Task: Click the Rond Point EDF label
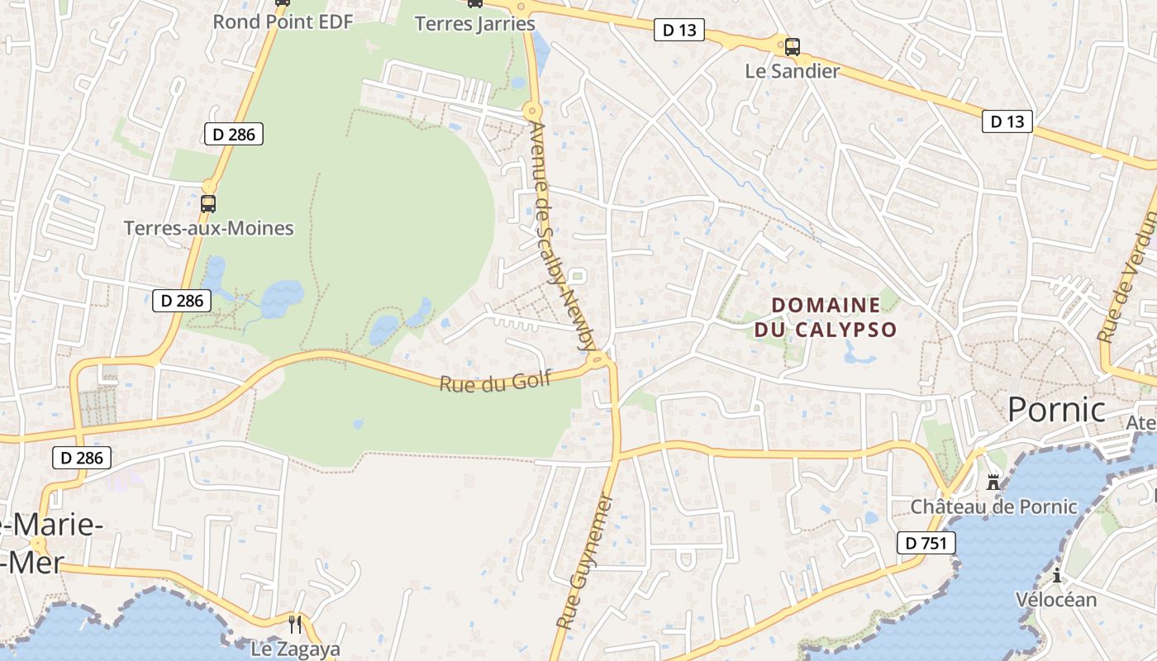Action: (283, 21)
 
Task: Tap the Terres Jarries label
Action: (474, 23)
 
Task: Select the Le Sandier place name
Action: (792, 71)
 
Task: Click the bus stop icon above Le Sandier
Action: (792, 46)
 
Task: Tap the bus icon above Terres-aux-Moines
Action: (208, 203)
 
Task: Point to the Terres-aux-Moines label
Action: (208, 228)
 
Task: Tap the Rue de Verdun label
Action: (1127, 277)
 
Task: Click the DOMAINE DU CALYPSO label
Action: (825, 317)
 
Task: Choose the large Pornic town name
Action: (1056, 409)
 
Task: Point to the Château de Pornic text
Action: (993, 506)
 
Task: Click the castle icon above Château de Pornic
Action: (993, 481)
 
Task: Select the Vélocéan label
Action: (1056, 600)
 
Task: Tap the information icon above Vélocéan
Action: (1056, 575)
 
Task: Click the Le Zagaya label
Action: (295, 649)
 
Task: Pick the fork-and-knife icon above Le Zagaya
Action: (295, 624)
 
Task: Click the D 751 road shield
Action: (926, 543)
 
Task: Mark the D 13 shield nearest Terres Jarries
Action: (679, 31)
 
